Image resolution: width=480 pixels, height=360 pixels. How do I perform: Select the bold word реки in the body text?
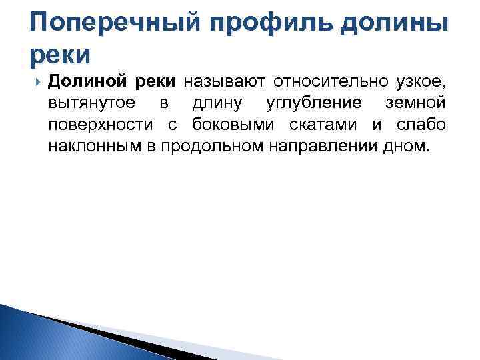pyautogui.click(x=154, y=82)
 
